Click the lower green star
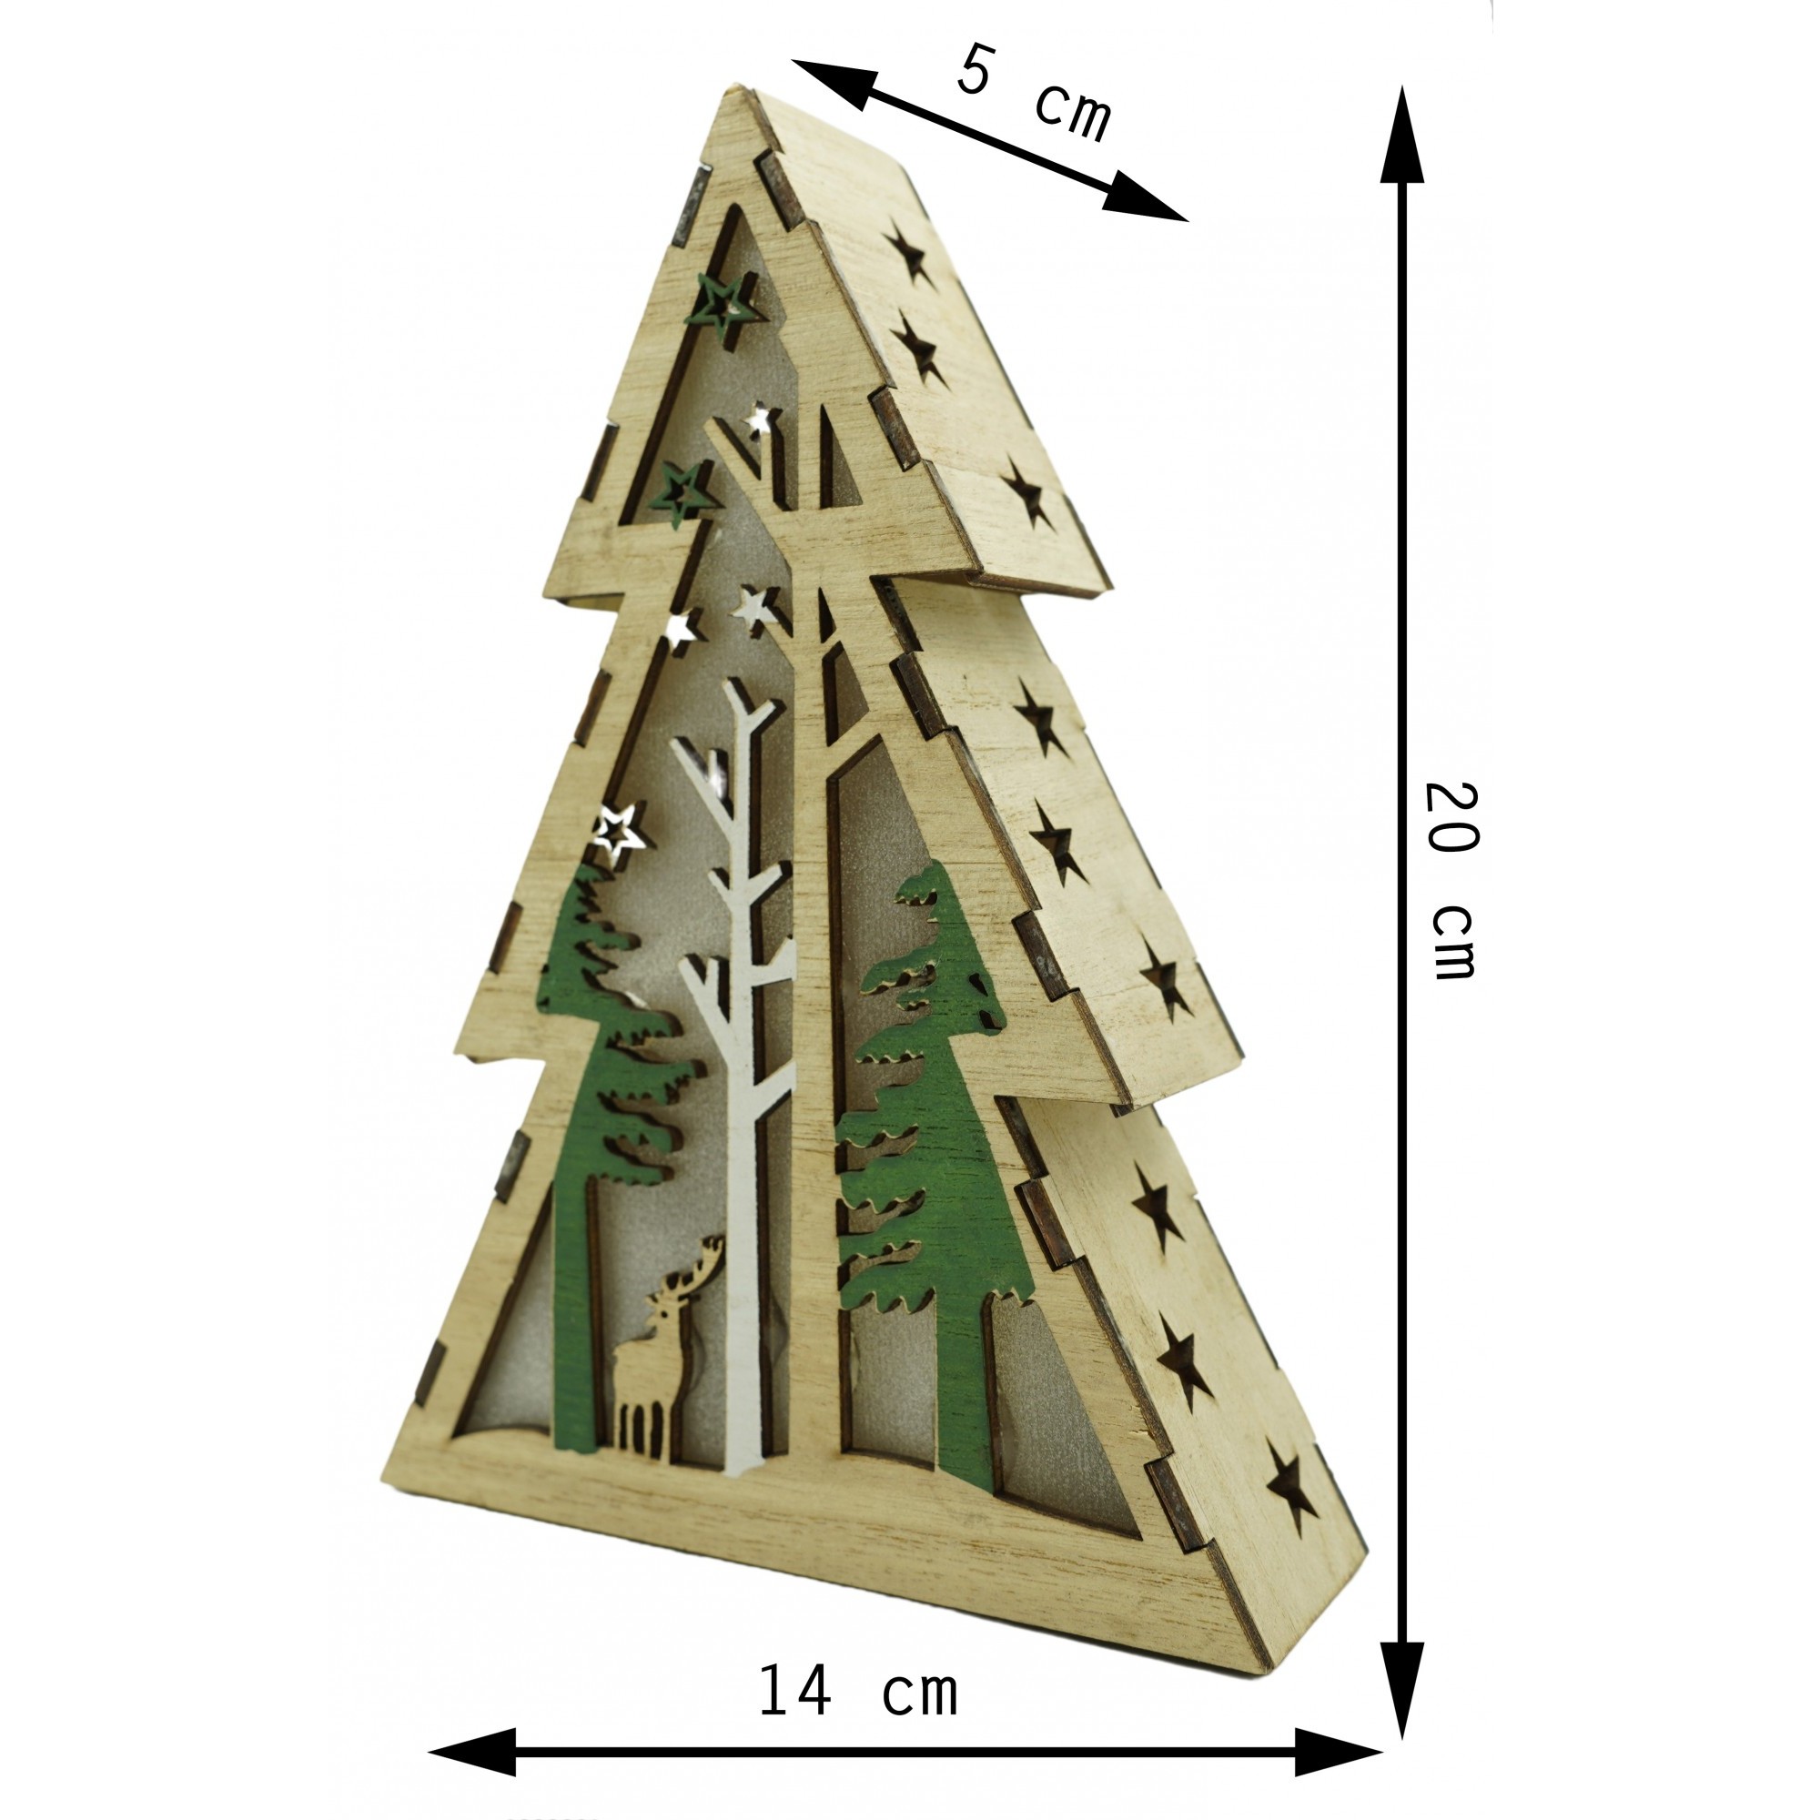686,490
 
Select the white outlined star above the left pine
618,832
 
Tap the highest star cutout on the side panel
910,255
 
